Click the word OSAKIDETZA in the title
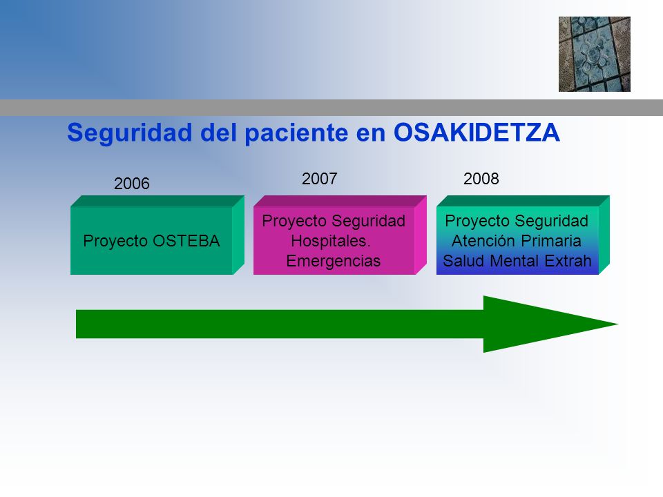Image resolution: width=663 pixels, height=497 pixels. (x=477, y=133)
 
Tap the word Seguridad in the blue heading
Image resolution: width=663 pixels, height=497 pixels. (x=130, y=133)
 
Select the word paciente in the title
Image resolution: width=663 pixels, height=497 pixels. (x=296, y=133)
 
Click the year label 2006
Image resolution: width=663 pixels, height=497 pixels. (x=131, y=184)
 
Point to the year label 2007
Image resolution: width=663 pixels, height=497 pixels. (x=319, y=179)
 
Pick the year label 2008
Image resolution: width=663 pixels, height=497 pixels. (x=481, y=179)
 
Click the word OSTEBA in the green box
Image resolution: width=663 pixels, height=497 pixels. (x=186, y=241)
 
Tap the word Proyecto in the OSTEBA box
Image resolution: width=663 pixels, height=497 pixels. (x=115, y=242)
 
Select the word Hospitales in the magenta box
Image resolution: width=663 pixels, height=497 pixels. (x=331, y=241)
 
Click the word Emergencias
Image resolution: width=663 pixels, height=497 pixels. (x=333, y=261)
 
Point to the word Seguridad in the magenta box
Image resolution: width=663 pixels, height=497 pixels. (x=369, y=221)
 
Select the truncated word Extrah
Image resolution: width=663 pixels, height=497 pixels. (x=568, y=261)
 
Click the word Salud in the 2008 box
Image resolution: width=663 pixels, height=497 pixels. (x=464, y=261)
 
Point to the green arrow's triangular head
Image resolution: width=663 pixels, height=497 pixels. (x=550, y=324)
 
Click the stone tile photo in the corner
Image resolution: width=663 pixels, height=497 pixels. (x=595, y=54)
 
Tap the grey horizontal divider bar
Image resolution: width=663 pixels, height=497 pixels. (x=331, y=108)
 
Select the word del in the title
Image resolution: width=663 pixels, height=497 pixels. (x=218, y=133)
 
